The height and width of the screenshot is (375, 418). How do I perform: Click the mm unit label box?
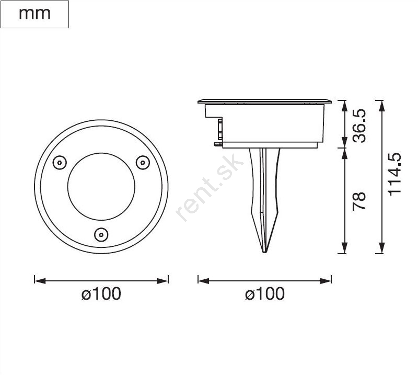tap(34, 15)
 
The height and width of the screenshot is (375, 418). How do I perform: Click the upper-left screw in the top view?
tap(60, 162)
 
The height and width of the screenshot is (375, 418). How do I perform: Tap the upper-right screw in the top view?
tap(143, 162)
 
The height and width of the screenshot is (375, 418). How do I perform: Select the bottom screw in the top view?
tap(101, 235)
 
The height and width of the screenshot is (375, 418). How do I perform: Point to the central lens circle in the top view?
tap(68, 187)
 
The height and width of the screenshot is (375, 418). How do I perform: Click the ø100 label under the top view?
tap(101, 293)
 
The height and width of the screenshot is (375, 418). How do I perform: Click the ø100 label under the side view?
tap(265, 293)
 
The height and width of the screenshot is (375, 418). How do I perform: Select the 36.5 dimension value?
tap(359, 126)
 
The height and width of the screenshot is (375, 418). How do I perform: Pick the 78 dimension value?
tap(359, 201)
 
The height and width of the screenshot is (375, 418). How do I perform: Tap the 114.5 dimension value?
tap(394, 174)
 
